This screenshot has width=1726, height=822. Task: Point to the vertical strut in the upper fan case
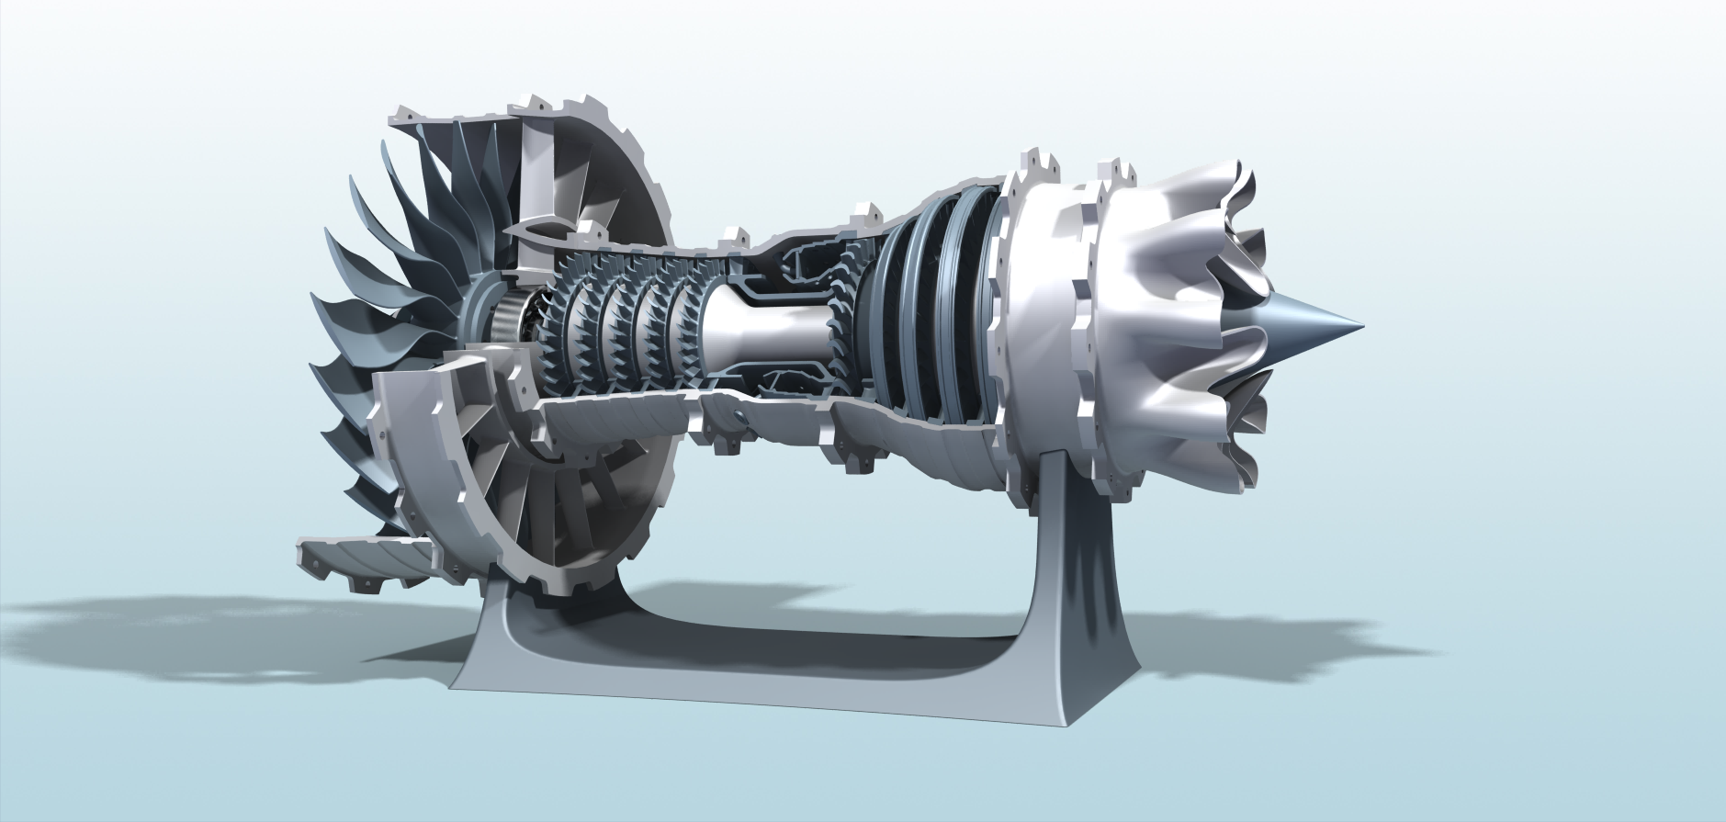click(533, 175)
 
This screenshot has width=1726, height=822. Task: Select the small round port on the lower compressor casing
click(740, 419)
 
